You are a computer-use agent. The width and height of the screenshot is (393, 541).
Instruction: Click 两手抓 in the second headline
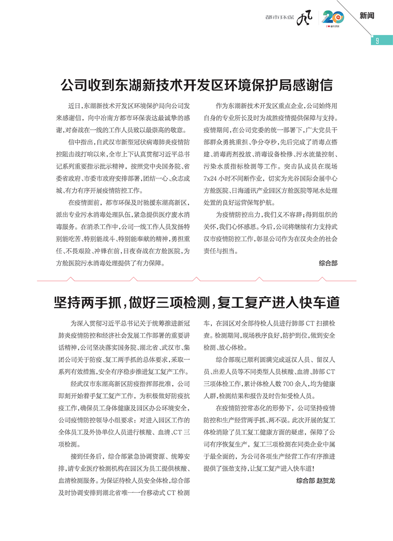105,301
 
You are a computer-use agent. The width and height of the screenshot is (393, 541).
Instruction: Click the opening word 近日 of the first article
75,106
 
